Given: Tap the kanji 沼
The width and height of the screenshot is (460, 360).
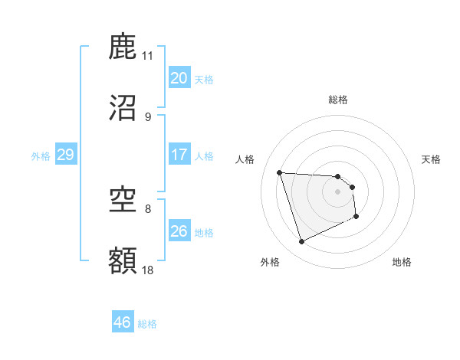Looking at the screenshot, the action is click(123, 108).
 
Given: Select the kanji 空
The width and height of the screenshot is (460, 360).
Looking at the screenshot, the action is click(123, 201).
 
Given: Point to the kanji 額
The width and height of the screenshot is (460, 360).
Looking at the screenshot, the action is click(123, 261).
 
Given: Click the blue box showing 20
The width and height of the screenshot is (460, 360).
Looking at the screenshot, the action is click(179, 78).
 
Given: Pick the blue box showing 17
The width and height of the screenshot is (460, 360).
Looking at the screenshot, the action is click(179, 155).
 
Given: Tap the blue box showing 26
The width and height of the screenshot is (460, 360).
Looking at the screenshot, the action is click(179, 231).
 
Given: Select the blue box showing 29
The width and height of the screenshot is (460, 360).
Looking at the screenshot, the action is click(65, 155).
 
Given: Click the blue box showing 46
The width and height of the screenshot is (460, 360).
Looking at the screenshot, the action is click(122, 322).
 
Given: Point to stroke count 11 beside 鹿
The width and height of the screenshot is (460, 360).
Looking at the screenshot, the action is click(147, 56).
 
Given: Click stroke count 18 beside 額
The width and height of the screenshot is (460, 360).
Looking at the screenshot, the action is click(147, 270).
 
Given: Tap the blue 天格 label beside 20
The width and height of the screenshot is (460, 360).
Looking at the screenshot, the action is click(204, 80).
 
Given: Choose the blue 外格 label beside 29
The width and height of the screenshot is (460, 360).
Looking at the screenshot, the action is click(41, 156).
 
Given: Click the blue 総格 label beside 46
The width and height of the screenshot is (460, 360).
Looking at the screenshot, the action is click(147, 324).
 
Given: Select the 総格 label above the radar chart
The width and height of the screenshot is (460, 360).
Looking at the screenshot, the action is click(337, 100).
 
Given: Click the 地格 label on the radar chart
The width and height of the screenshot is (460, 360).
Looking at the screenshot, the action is click(402, 263).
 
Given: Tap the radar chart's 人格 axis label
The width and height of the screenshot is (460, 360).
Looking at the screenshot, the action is click(245, 159).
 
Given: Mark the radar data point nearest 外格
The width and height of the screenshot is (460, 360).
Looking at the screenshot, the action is click(301, 242).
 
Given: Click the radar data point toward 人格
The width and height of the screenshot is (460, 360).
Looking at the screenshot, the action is click(280, 172).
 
